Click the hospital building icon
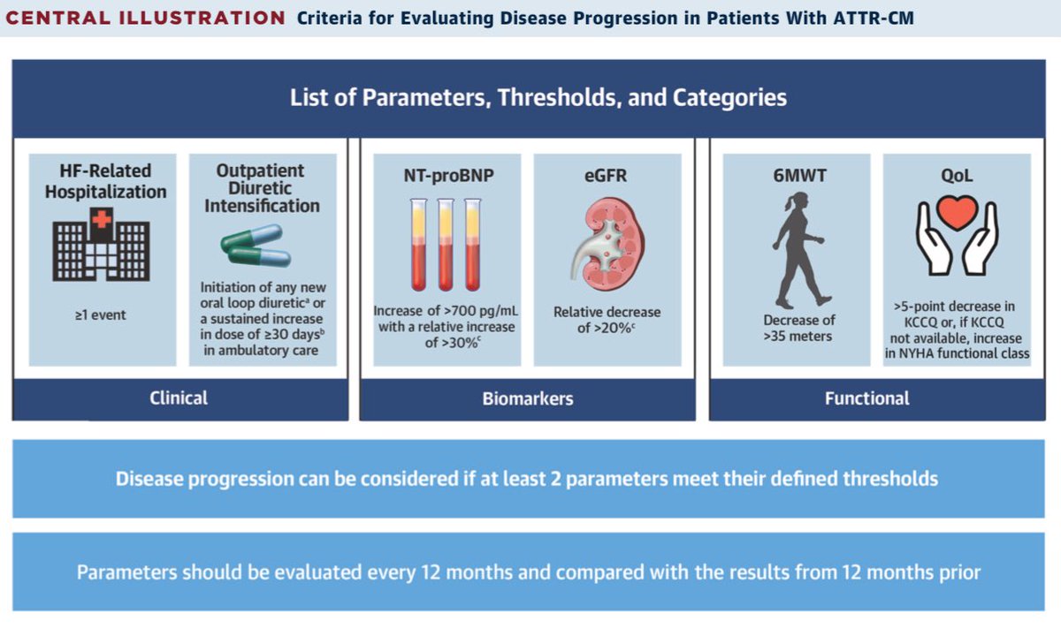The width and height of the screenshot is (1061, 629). (102, 244)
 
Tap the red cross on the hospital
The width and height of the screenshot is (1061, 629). (102, 219)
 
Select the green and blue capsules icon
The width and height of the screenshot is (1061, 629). (256, 246)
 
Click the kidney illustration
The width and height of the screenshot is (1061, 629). (607, 245)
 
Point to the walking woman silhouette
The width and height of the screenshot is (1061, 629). (799, 250)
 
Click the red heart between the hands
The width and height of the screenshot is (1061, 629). (958, 213)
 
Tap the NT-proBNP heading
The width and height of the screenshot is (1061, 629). (448, 176)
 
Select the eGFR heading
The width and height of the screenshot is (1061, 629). (606, 176)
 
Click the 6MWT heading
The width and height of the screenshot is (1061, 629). (799, 176)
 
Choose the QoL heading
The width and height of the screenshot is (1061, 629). (957, 176)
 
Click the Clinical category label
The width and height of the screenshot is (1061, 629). (179, 398)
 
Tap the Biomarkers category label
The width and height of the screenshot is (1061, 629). (528, 398)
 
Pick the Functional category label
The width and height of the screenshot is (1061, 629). (866, 398)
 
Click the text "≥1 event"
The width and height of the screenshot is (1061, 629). (101, 315)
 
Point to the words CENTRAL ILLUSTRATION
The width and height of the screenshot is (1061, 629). (145, 18)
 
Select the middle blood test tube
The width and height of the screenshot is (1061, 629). (446, 244)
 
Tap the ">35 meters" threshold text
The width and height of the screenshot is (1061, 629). (798, 337)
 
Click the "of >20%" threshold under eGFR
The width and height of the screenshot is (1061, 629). (606, 328)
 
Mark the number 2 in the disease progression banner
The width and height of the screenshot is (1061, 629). (555, 479)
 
